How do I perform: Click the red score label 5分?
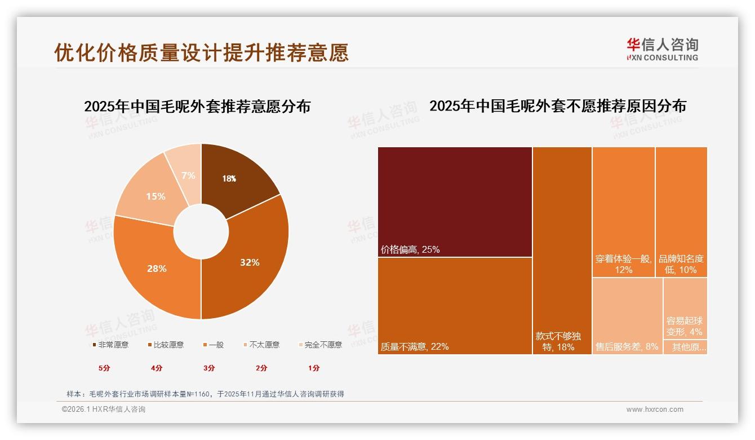click(105, 368)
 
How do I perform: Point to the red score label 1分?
click(314, 368)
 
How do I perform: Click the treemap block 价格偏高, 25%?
click(455, 201)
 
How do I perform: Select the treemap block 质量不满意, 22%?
click(455, 305)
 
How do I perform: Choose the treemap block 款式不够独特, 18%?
click(562, 250)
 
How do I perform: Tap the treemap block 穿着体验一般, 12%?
click(623, 212)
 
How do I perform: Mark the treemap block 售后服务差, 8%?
click(627, 316)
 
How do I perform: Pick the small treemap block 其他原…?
click(685, 347)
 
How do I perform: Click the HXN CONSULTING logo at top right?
click(662, 49)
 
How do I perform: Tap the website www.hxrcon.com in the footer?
click(655, 410)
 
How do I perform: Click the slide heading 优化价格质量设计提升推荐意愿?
click(201, 52)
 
